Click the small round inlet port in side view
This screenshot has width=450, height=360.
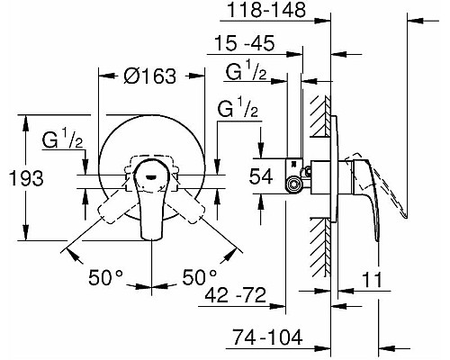pyautogui.click(x=292, y=184)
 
